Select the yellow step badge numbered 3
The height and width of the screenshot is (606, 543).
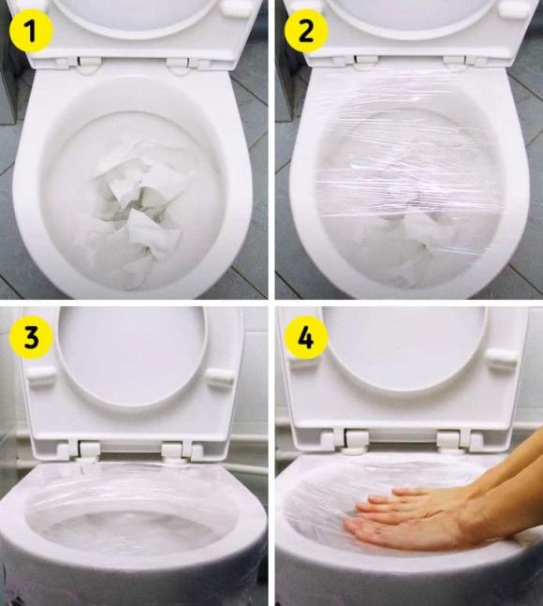(x=31, y=339)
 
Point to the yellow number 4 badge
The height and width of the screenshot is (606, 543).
(x=305, y=339)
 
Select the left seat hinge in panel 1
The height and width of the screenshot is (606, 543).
(x=88, y=66)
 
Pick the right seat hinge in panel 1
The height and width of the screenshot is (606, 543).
(x=180, y=66)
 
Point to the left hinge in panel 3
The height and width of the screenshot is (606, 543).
(x=88, y=448)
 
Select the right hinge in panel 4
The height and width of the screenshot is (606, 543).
(x=451, y=437)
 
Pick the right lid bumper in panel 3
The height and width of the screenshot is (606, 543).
(x=218, y=377)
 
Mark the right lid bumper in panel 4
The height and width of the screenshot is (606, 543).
(x=502, y=360)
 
